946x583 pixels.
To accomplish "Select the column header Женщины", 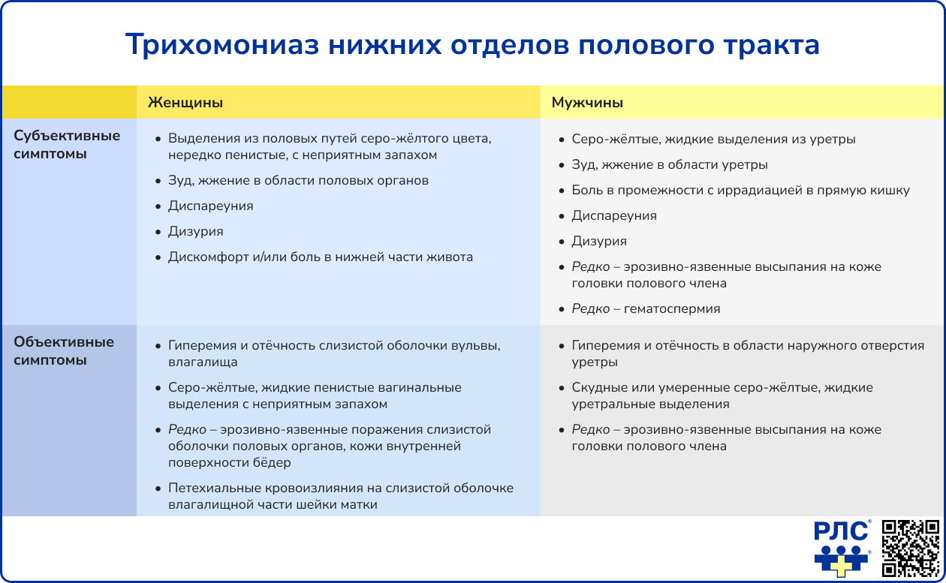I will [185, 103].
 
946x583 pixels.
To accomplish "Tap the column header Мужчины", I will [587, 103].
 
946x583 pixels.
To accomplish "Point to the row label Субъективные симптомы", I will [68, 145].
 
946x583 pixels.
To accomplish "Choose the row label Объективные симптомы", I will [64, 350].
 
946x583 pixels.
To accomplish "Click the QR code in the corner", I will [910, 548].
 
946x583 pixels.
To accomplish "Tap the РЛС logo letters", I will [841, 532].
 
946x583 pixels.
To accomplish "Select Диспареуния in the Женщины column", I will [210, 206].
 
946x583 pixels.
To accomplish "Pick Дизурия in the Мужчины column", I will [599, 241].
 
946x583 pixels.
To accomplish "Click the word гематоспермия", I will [672, 308].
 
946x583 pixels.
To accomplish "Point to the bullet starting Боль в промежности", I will [740, 190].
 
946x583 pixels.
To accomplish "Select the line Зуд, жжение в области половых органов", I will [298, 180].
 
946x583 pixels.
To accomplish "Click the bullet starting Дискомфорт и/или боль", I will [321, 257].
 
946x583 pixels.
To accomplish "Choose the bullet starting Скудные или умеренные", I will [722, 388].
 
